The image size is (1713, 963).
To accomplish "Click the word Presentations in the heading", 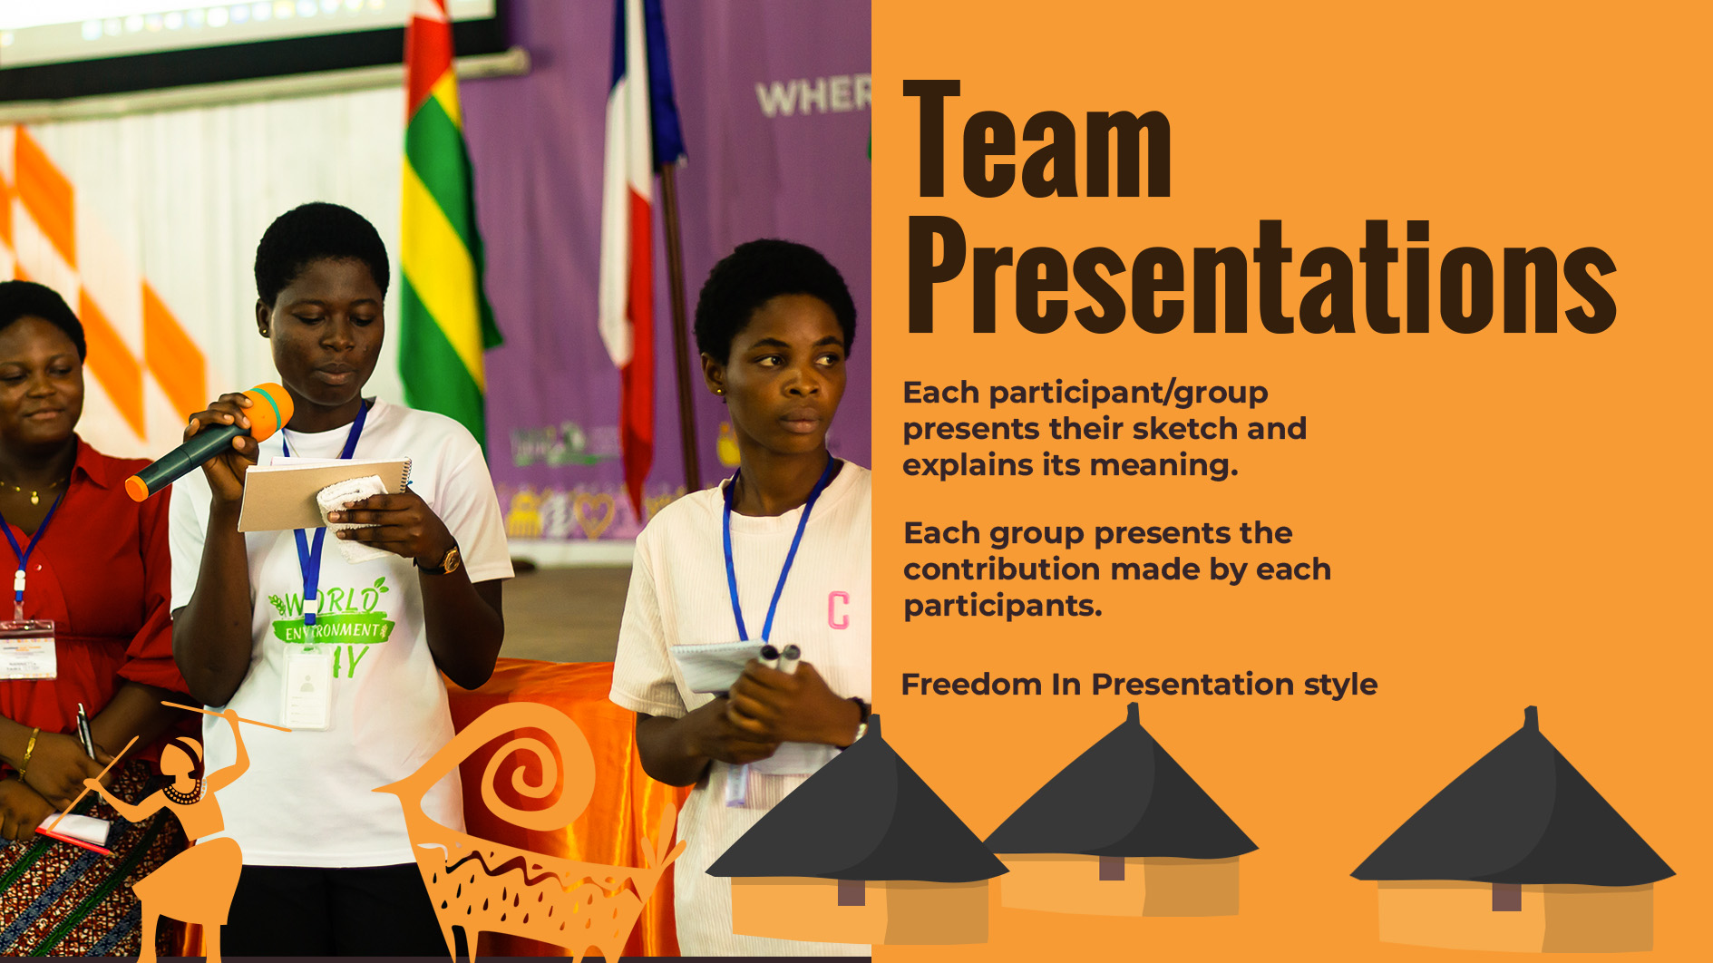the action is click(x=1261, y=277).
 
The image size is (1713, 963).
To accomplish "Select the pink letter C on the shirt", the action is click(x=839, y=610).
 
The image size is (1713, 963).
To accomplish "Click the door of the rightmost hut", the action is click(x=1506, y=897).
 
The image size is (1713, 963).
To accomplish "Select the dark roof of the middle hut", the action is click(x=1124, y=798).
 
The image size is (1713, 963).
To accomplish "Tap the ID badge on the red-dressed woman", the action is click(x=26, y=649).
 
